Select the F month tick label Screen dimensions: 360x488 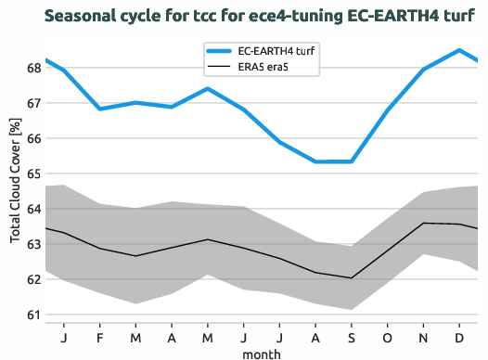tap(99, 337)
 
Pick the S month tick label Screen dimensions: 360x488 tap(352, 337)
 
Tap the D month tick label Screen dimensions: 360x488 tap(458, 337)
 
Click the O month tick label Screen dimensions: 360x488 tap(387, 337)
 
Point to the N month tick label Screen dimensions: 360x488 tap(423, 337)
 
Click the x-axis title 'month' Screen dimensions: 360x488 tap(261, 353)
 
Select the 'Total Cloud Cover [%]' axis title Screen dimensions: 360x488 tap(15, 181)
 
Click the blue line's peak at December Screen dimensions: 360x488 tap(458, 50)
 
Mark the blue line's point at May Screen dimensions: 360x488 tap(207, 89)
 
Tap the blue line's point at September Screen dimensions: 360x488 tap(352, 161)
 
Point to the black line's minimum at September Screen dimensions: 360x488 tap(352, 277)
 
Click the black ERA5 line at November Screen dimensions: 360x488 tap(423, 223)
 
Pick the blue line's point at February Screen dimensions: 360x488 tap(99, 109)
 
